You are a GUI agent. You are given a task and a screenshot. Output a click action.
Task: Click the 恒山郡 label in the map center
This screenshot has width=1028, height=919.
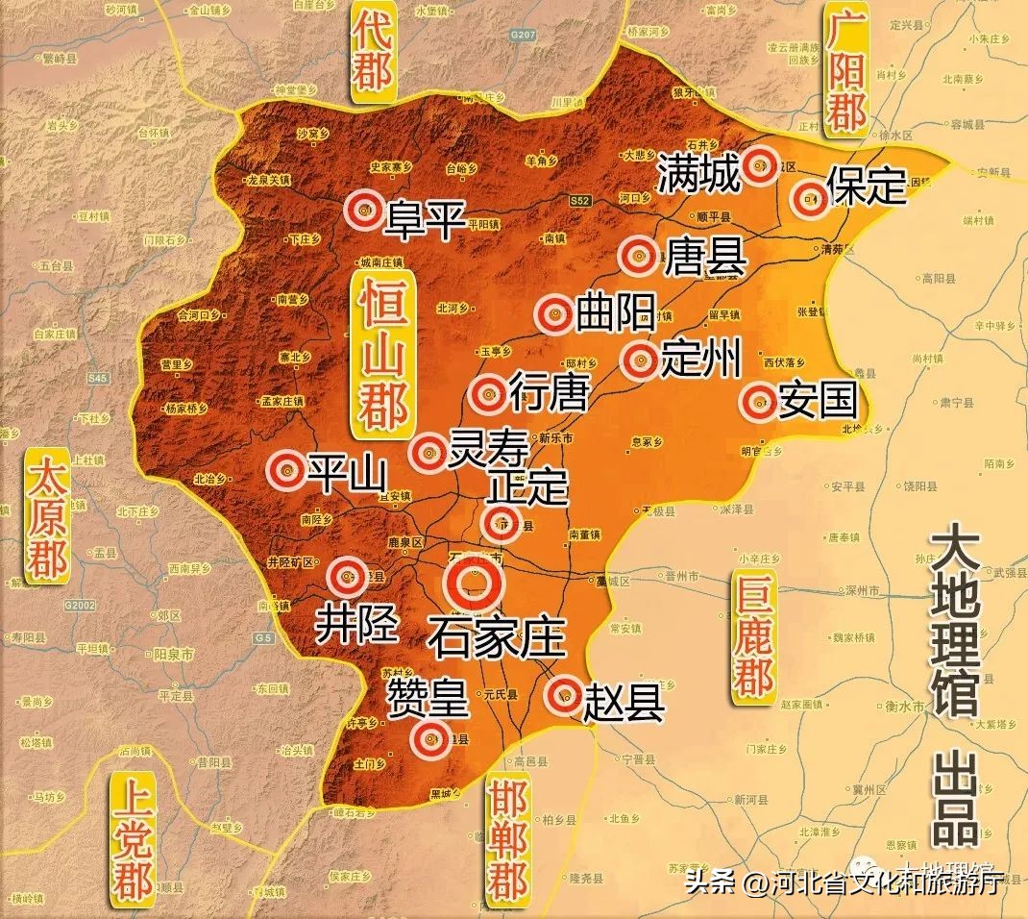tap(381, 352)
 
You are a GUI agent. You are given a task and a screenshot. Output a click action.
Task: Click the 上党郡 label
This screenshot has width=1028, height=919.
tap(132, 835)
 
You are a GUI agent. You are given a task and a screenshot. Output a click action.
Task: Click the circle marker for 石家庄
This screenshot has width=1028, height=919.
tap(474, 582)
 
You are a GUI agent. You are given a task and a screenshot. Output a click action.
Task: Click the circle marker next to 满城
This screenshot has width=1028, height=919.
tap(762, 164)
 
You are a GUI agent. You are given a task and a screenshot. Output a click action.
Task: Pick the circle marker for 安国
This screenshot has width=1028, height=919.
tap(759, 401)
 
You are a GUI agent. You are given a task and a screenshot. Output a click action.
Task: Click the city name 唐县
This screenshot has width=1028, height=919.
tap(691, 257)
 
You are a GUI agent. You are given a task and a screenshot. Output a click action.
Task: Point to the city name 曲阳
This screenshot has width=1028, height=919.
tap(615, 312)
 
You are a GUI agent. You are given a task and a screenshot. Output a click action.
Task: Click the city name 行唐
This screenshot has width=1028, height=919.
tap(547, 391)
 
